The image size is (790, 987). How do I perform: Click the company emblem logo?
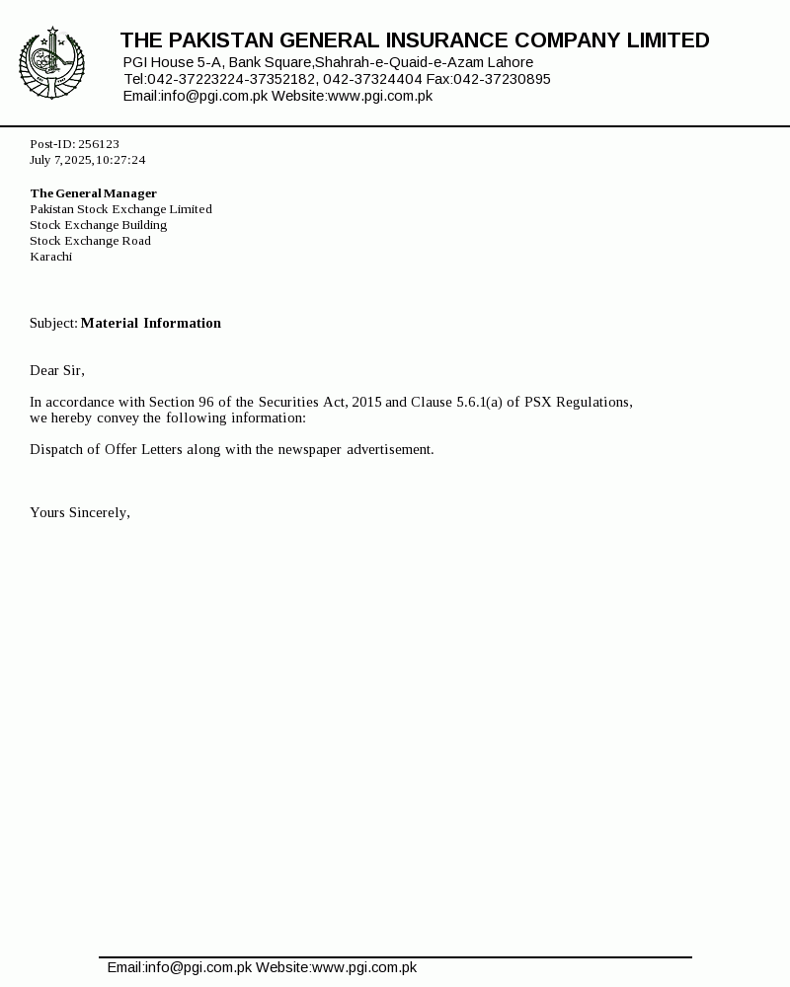click(51, 64)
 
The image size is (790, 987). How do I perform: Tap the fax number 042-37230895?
click(502, 79)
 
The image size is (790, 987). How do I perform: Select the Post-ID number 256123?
click(99, 144)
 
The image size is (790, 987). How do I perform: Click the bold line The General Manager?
click(93, 193)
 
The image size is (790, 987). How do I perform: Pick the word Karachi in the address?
click(50, 257)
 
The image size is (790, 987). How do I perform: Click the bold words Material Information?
click(151, 323)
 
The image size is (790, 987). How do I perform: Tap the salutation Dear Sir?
click(57, 370)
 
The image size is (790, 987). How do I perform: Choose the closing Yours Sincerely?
click(80, 512)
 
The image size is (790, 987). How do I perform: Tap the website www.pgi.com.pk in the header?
click(380, 96)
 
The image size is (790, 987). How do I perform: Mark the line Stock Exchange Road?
click(90, 241)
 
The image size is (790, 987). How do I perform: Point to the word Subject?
click(53, 323)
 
